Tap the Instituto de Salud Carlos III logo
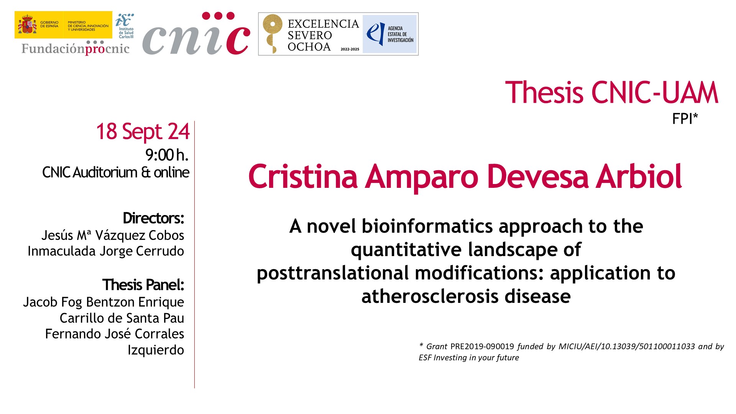click(125, 26)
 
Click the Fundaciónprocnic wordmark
click(76, 48)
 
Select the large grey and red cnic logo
click(196, 34)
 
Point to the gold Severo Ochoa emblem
click(272, 34)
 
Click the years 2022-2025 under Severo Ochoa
click(350, 49)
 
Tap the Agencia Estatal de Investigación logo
click(389, 34)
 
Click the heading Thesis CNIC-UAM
click(612, 92)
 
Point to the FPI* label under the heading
click(685, 119)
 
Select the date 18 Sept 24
click(143, 132)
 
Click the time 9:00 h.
click(167, 155)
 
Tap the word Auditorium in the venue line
click(105, 172)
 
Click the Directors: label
click(153, 218)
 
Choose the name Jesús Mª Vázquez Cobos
click(113, 235)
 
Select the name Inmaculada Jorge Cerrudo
click(106, 251)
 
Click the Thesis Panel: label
click(143, 285)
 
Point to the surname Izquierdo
click(156, 350)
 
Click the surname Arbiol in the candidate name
click(639, 176)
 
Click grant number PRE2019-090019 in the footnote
click(482, 347)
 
